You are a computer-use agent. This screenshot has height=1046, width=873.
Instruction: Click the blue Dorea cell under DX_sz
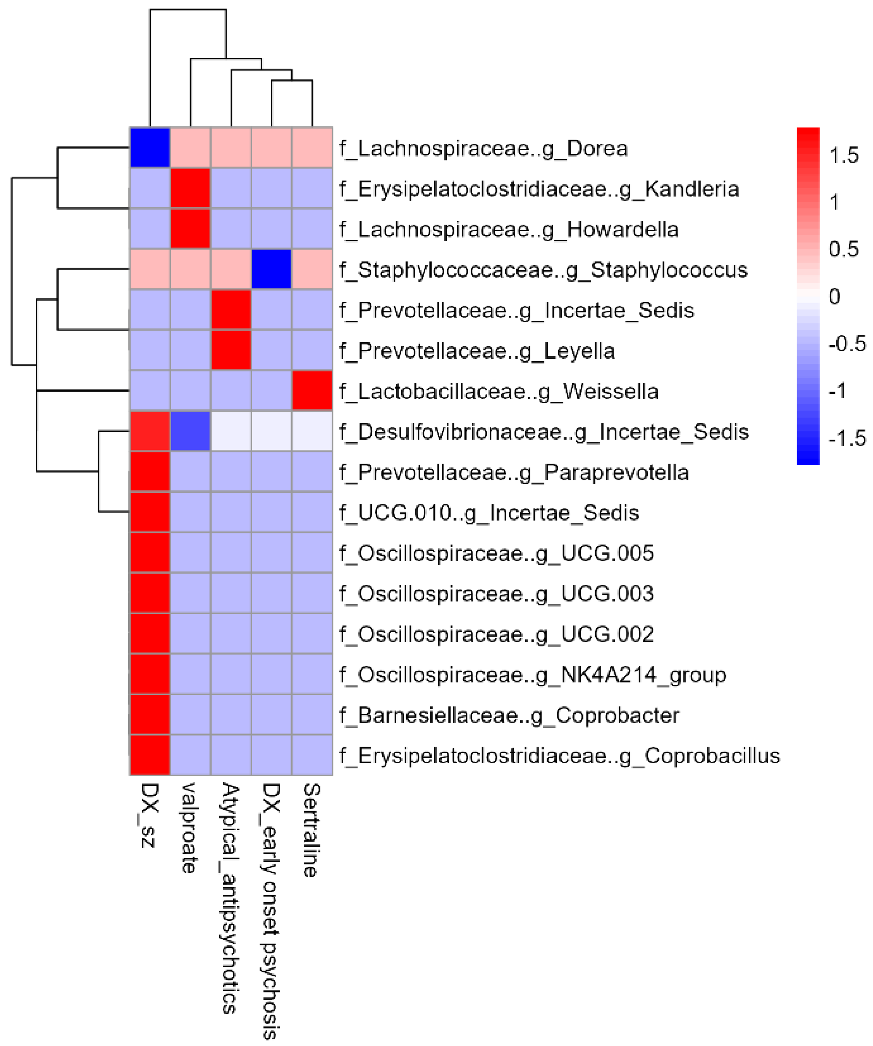(150, 148)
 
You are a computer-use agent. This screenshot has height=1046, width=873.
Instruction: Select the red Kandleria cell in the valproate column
(190, 188)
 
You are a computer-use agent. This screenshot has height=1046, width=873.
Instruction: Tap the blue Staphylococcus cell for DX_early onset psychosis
(271, 269)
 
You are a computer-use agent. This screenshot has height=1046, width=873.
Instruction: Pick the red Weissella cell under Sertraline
(312, 390)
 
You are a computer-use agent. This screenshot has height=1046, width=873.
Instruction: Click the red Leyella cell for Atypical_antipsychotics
(231, 350)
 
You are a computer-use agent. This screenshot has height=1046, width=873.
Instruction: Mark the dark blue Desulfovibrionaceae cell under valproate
(190, 431)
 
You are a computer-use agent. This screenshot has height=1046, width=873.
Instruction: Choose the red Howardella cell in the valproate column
(190, 229)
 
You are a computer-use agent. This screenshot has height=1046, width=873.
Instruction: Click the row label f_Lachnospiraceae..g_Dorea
(483, 148)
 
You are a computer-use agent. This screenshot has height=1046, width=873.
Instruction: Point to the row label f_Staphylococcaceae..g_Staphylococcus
(543, 269)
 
